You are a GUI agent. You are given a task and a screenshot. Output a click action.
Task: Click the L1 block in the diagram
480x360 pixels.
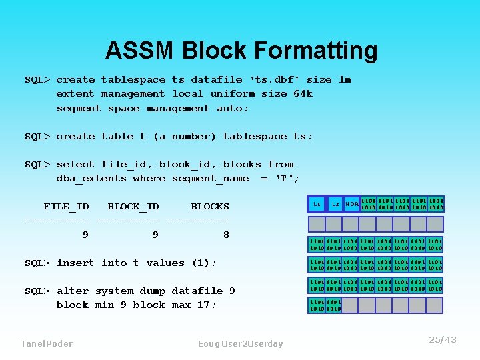click(316, 203)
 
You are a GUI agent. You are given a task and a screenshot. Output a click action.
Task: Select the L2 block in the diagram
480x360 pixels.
click(335, 203)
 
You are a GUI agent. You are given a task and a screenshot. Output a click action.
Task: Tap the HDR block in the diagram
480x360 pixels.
click(352, 203)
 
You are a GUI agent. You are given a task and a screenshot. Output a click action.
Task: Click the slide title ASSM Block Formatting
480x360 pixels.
click(241, 51)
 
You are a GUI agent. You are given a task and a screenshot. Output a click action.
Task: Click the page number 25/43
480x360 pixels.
click(443, 340)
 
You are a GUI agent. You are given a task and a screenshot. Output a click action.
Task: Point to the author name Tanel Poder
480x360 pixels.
click(47, 343)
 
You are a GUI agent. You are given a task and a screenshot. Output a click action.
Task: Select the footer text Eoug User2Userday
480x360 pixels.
click(240, 343)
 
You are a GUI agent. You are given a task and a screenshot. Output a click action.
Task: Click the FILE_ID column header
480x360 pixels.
click(66, 207)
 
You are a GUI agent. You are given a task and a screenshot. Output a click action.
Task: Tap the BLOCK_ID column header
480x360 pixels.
click(133, 207)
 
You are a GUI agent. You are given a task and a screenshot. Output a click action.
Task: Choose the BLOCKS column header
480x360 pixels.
click(209, 207)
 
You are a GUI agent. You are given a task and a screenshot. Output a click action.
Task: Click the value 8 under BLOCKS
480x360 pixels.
click(226, 235)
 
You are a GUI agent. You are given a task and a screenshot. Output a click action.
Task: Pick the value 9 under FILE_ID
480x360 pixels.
click(85, 235)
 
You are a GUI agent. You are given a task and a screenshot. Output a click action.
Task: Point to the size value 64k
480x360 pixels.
click(303, 94)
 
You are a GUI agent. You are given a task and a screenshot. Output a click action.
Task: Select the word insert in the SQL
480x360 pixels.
click(75, 263)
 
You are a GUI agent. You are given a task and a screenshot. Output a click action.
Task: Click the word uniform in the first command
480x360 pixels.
click(233, 94)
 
